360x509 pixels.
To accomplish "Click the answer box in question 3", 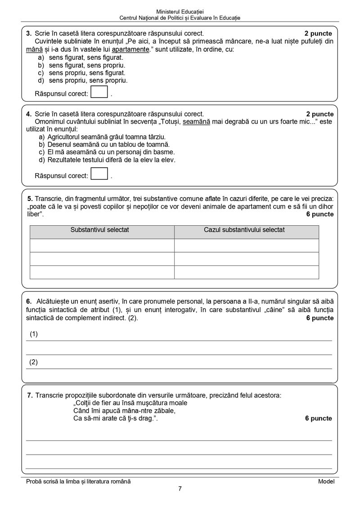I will tap(99, 93).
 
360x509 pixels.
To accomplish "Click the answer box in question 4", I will tap(99, 174).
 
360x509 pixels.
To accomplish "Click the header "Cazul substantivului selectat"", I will tap(246, 230).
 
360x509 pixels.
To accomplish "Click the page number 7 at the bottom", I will tap(180, 489).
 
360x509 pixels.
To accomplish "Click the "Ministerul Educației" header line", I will tap(180, 11).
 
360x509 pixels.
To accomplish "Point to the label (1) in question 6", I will tap(34, 334).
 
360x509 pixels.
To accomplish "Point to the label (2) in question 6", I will tap(34, 362).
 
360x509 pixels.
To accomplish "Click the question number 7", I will tap(30, 395).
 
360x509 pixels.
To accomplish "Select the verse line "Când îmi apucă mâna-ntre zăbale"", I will tap(124, 411).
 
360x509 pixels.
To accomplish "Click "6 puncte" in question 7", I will tap(319, 419).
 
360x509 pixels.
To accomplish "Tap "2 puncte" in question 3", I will tap(318, 33).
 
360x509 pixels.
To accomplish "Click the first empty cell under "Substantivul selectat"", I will tap(102, 246).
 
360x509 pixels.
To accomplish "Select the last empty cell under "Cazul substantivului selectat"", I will tap(246, 272).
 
